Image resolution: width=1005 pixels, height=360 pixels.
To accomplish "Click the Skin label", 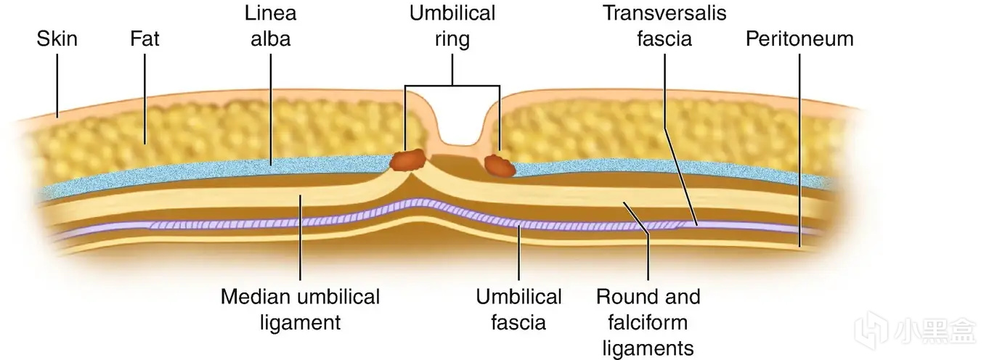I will pyautogui.click(x=57, y=38).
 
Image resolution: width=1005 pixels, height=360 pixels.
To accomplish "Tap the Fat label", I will pyautogui.click(x=144, y=38).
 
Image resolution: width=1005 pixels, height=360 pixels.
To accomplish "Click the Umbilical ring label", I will pyautogui.click(x=452, y=25).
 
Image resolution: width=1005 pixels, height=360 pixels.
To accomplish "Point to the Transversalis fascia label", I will pyautogui.click(x=664, y=25).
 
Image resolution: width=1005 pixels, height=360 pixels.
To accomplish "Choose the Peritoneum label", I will pyautogui.click(x=799, y=38).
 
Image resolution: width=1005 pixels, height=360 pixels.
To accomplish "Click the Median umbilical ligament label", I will pyautogui.click(x=300, y=308).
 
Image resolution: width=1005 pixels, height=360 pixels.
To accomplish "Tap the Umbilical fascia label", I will pyautogui.click(x=518, y=308).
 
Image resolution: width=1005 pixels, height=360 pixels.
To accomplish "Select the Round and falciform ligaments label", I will pyautogui.click(x=648, y=321).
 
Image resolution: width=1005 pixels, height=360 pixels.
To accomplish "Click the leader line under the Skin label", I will pyautogui.click(x=57, y=83).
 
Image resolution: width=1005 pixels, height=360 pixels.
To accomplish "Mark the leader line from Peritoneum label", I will pyautogui.click(x=799, y=145).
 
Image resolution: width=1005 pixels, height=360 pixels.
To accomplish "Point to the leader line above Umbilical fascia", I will pyautogui.click(x=518, y=254).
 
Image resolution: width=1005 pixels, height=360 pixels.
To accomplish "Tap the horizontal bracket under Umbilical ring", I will pyautogui.click(x=452, y=87).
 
